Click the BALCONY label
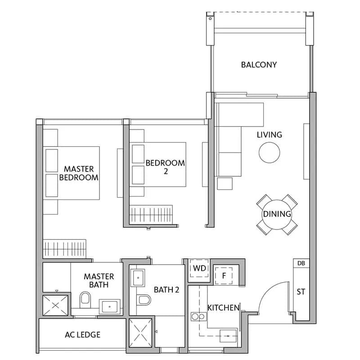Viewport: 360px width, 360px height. click(259, 65)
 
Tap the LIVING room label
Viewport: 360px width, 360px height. click(269, 135)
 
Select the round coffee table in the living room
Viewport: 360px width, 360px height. click(269, 153)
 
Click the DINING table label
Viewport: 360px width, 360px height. click(277, 214)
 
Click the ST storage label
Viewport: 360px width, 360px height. click(301, 292)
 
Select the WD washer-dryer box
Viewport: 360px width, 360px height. click(199, 269)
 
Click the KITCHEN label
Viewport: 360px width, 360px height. click(223, 308)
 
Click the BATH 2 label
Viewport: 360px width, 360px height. click(166, 290)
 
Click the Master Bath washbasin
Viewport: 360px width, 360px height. click(109, 307)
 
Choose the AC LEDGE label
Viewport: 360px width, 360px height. click(82, 334)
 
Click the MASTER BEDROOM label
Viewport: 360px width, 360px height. click(79, 173)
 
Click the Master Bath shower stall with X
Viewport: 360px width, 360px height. click(56, 305)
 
